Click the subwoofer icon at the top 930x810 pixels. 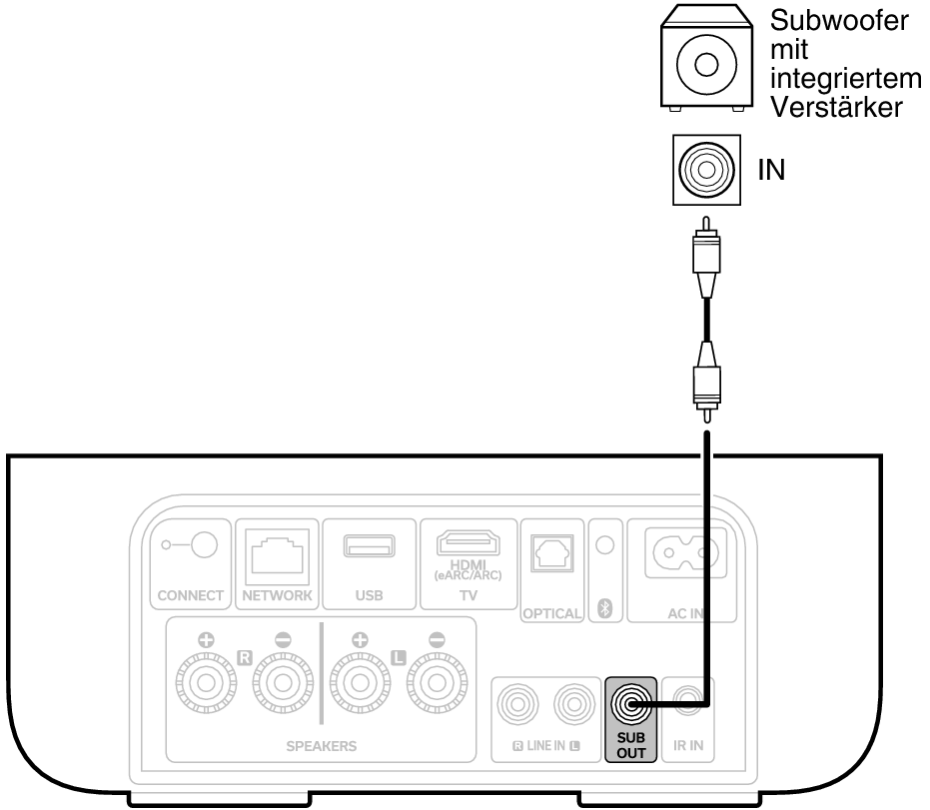coord(704,62)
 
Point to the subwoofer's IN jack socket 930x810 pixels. coord(705,170)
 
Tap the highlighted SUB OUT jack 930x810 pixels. coord(629,705)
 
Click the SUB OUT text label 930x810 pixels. coord(629,745)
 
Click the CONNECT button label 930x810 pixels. coord(190,596)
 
